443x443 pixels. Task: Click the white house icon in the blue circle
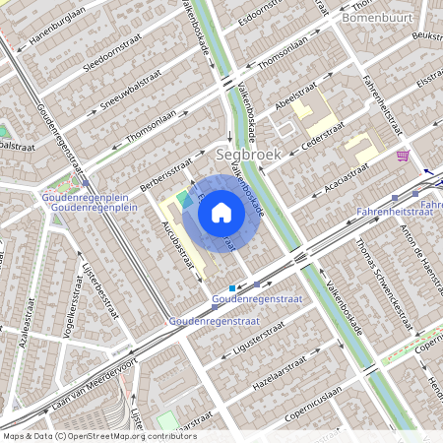221,213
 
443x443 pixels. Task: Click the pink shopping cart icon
403,156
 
